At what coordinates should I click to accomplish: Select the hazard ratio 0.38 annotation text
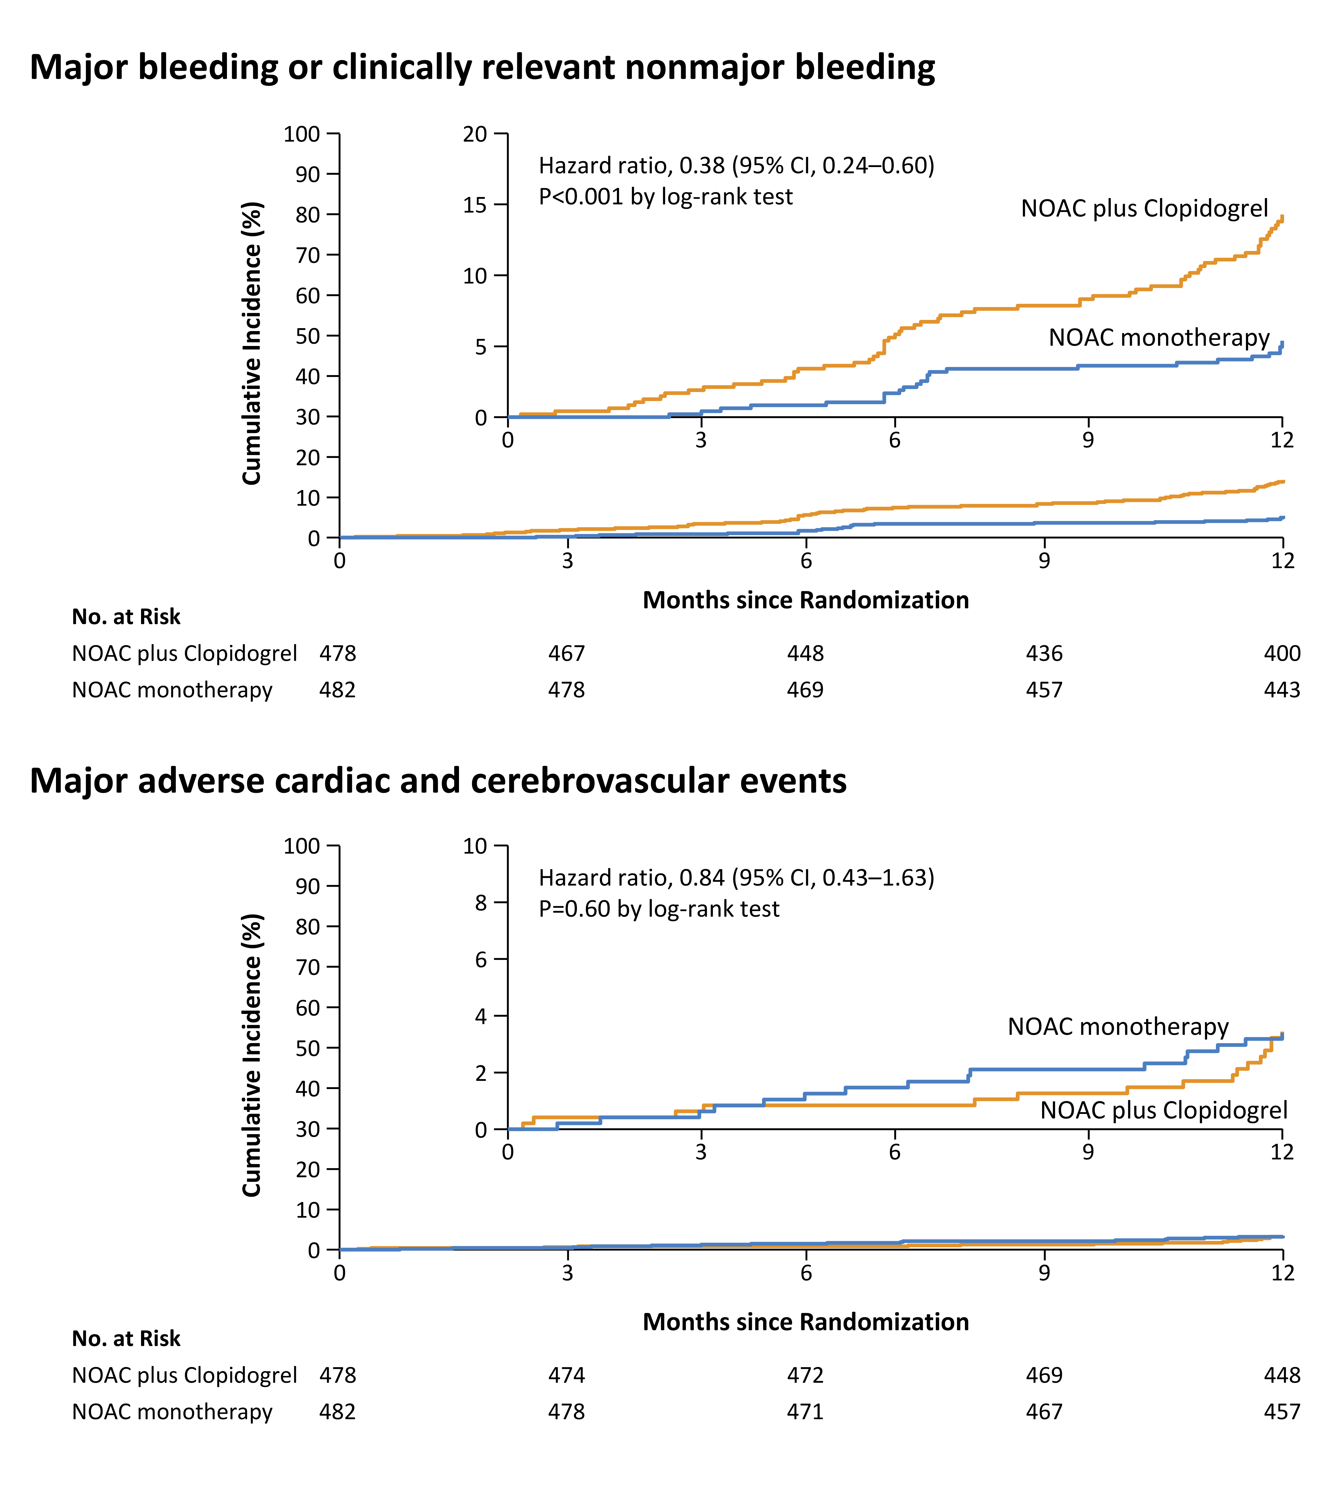(x=736, y=165)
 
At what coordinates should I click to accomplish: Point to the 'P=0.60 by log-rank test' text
(x=659, y=910)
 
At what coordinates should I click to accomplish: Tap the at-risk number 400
(x=1282, y=654)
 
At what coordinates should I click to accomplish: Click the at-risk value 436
(x=1044, y=654)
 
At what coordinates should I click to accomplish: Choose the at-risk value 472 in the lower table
(x=805, y=1375)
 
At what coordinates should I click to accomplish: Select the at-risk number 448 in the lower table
(x=1282, y=1375)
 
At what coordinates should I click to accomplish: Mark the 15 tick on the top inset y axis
(x=475, y=205)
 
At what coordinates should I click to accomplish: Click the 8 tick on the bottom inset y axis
(x=481, y=903)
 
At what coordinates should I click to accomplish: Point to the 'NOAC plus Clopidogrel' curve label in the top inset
(x=1144, y=209)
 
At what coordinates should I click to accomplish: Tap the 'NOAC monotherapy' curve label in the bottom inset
(x=1118, y=1027)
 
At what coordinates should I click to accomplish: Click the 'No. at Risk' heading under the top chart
(x=126, y=617)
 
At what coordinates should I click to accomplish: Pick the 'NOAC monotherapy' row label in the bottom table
(x=172, y=1412)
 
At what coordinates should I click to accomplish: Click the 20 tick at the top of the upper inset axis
(x=475, y=134)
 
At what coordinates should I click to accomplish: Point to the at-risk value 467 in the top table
(x=566, y=654)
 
